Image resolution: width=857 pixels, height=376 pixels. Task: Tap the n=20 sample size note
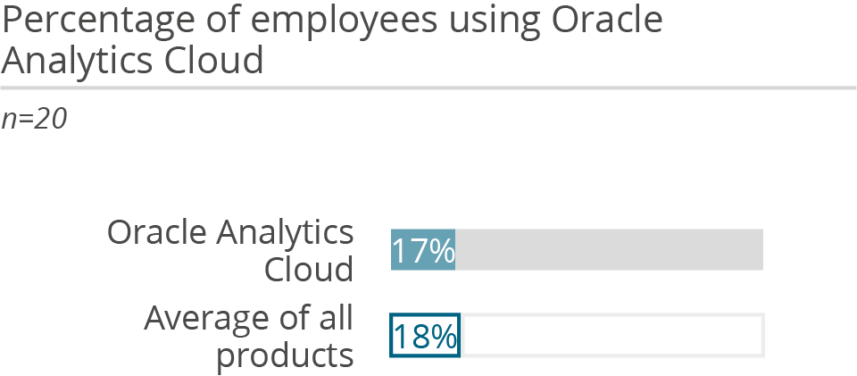click(x=34, y=120)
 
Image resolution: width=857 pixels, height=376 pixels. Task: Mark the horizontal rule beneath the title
click(x=428, y=88)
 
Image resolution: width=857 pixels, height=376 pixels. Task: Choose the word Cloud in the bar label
click(x=308, y=269)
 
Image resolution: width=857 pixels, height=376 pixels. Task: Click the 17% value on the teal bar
click(x=423, y=250)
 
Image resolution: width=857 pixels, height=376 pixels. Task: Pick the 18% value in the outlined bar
click(x=425, y=336)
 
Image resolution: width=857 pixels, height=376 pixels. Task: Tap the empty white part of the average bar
click(x=611, y=336)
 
